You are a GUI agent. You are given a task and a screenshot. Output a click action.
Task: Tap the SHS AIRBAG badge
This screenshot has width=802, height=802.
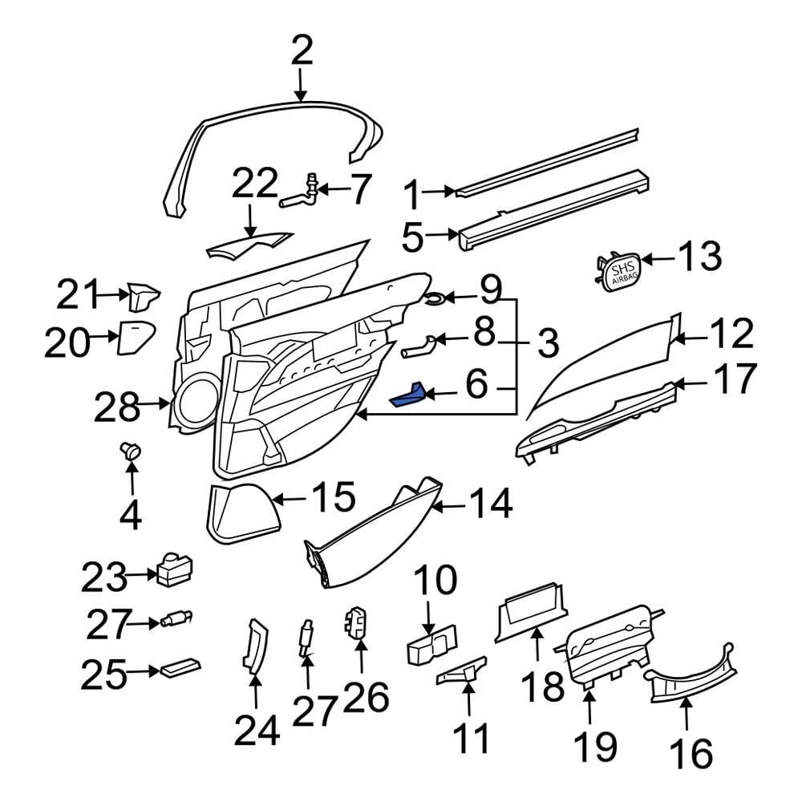tap(621, 273)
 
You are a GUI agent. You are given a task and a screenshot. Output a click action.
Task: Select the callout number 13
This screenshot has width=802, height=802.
tap(699, 258)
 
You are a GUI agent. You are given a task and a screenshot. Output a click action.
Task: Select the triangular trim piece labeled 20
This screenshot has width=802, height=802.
tap(133, 337)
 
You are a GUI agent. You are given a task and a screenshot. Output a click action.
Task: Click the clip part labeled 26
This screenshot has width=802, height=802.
tap(355, 622)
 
